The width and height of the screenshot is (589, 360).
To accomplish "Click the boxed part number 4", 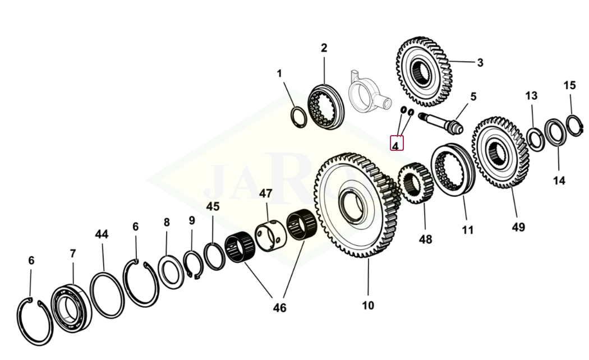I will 397,145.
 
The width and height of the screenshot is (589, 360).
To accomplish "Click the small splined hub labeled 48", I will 416,182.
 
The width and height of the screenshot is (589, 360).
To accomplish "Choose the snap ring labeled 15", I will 573,125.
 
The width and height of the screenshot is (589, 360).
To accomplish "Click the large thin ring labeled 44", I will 106,295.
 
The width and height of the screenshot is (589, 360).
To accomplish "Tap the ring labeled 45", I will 213,256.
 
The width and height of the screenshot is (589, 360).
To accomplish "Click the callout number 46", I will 279,307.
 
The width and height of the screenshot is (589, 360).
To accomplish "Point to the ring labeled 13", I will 535,139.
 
